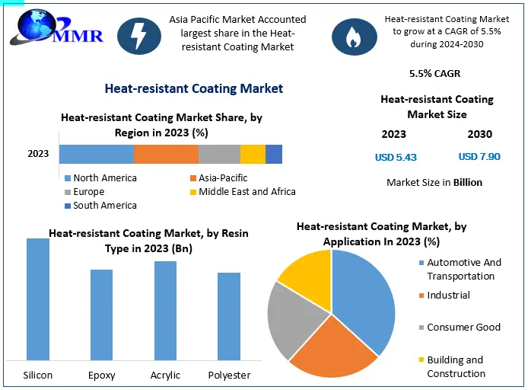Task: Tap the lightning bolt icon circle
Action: (x=139, y=35)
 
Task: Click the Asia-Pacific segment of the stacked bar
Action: (x=166, y=154)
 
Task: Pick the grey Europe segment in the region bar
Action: (x=219, y=154)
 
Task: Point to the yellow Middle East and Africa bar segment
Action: (x=253, y=154)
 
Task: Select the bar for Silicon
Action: (x=38, y=299)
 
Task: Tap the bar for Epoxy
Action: (x=101, y=314)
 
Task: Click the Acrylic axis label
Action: (x=165, y=375)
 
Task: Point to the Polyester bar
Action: (x=229, y=315)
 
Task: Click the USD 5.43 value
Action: (x=396, y=158)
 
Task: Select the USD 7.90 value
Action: (x=479, y=157)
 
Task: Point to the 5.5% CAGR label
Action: (x=434, y=74)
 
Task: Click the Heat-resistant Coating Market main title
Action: (x=194, y=89)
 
